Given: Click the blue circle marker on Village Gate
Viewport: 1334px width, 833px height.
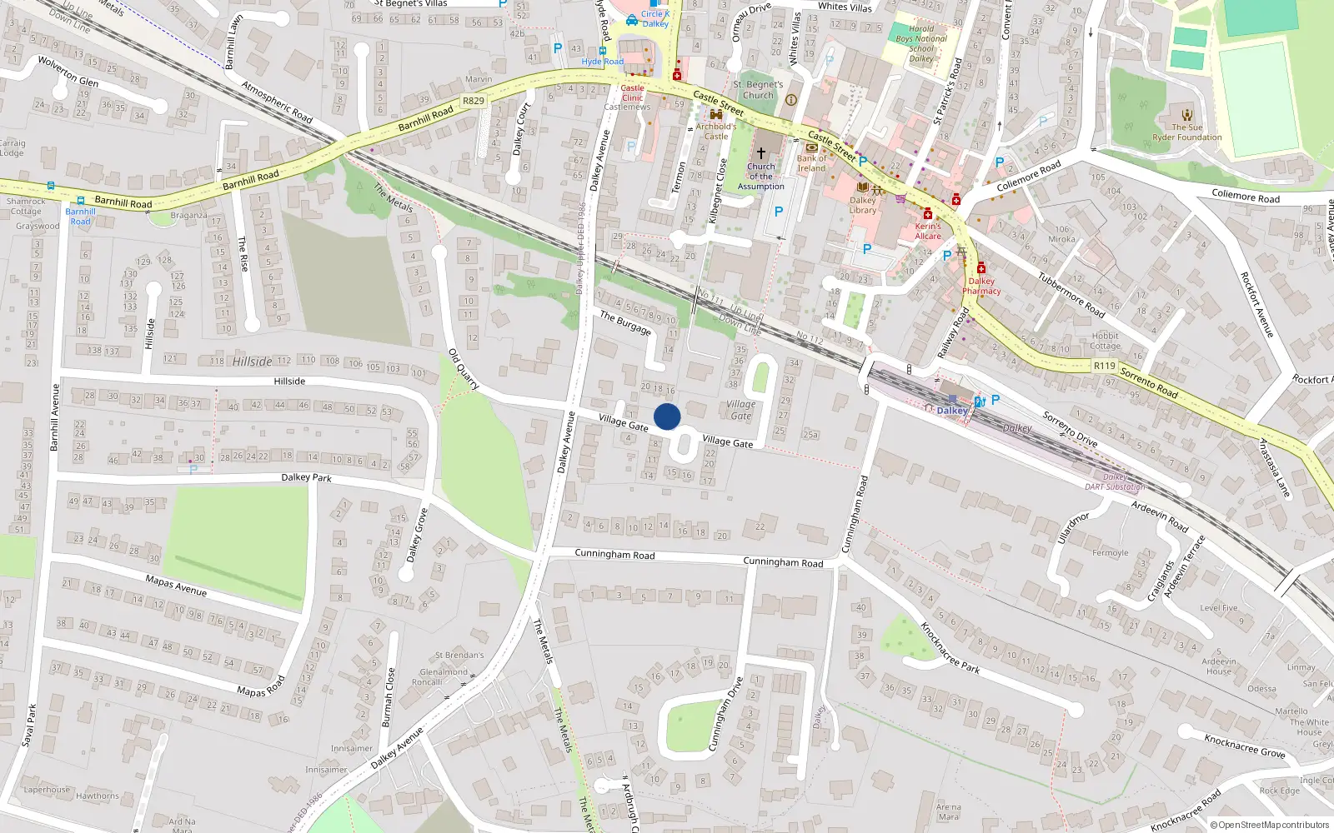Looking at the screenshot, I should (x=667, y=416).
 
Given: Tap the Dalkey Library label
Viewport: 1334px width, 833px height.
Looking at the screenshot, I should (x=863, y=205).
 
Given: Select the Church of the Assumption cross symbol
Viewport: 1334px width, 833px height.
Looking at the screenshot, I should (x=760, y=153).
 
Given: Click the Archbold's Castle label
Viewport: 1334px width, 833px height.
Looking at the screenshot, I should (x=716, y=132).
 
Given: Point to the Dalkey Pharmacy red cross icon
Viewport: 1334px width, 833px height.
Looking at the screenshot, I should (x=981, y=268).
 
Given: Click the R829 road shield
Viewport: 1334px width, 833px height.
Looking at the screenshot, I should (x=474, y=101).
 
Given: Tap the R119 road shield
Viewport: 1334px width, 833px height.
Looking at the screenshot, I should (x=1104, y=366).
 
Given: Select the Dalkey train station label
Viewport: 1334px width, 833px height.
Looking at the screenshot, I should (x=951, y=411).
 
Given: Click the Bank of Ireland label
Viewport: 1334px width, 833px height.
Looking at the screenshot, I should (x=811, y=163).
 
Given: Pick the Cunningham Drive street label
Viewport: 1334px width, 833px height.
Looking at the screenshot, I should (x=725, y=714).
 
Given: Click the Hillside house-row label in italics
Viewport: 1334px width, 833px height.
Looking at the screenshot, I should (x=252, y=362).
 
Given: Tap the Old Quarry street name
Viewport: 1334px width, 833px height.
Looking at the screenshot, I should (x=464, y=369).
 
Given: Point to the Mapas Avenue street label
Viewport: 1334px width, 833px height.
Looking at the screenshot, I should (x=176, y=586).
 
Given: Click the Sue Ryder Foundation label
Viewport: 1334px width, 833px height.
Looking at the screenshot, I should (x=1187, y=132).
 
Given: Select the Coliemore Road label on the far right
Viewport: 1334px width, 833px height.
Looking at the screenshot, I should (x=1245, y=197).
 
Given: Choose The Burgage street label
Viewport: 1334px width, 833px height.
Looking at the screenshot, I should (x=625, y=322).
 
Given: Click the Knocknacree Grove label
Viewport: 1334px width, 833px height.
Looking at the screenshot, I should (x=1244, y=745).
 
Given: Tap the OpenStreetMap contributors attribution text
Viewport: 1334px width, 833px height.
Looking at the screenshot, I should (x=1270, y=825).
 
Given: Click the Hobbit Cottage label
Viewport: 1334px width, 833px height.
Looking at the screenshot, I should (x=1105, y=342).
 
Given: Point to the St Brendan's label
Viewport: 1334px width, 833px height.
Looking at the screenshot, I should (x=459, y=656).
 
